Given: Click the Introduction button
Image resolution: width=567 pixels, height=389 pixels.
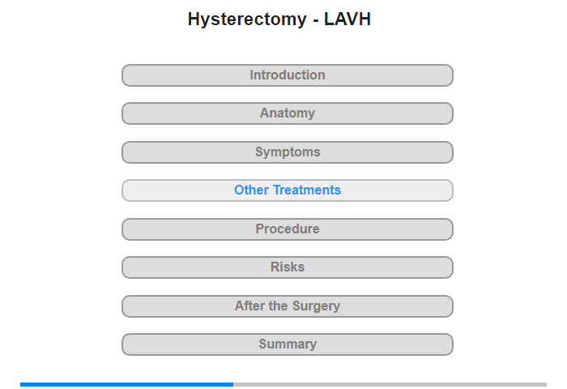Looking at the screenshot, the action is tap(288, 75).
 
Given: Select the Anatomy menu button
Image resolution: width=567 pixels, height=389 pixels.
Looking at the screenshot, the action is tap(288, 113).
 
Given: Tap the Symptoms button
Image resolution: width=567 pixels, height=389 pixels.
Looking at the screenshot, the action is tap(288, 152).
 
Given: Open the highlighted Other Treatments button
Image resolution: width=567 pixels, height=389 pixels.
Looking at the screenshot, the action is tap(288, 190).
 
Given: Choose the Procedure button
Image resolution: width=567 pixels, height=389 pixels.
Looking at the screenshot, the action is tap(288, 229).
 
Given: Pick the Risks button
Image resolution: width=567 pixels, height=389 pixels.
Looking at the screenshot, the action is tap(288, 267).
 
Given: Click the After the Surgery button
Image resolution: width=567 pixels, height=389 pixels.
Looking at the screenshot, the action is tap(288, 306).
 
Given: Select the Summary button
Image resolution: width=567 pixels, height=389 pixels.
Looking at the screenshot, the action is tap(288, 344).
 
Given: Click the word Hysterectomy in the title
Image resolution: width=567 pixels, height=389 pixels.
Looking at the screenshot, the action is tap(247, 19).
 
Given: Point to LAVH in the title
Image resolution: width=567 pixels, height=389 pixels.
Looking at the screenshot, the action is tap(347, 19).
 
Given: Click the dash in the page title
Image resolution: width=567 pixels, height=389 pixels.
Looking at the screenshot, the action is tap(316, 21).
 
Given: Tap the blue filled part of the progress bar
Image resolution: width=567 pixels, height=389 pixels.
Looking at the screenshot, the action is tap(126, 384).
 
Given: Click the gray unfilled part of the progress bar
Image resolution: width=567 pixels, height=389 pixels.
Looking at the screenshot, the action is tap(390, 384).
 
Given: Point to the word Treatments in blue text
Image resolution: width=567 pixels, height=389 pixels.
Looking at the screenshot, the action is tap(307, 190).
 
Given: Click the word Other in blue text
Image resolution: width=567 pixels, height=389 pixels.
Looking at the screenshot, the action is tap(251, 190).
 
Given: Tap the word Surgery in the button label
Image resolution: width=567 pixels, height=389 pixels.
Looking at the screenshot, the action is tap(316, 306).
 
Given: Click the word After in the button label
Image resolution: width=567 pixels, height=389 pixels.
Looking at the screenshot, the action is tap(249, 306).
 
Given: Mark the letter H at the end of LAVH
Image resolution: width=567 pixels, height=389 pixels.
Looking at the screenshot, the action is tap(364, 19).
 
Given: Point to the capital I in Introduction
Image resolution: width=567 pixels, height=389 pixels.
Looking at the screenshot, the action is tap(252, 75).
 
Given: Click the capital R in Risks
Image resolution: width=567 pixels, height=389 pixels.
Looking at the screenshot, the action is tap(275, 267).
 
